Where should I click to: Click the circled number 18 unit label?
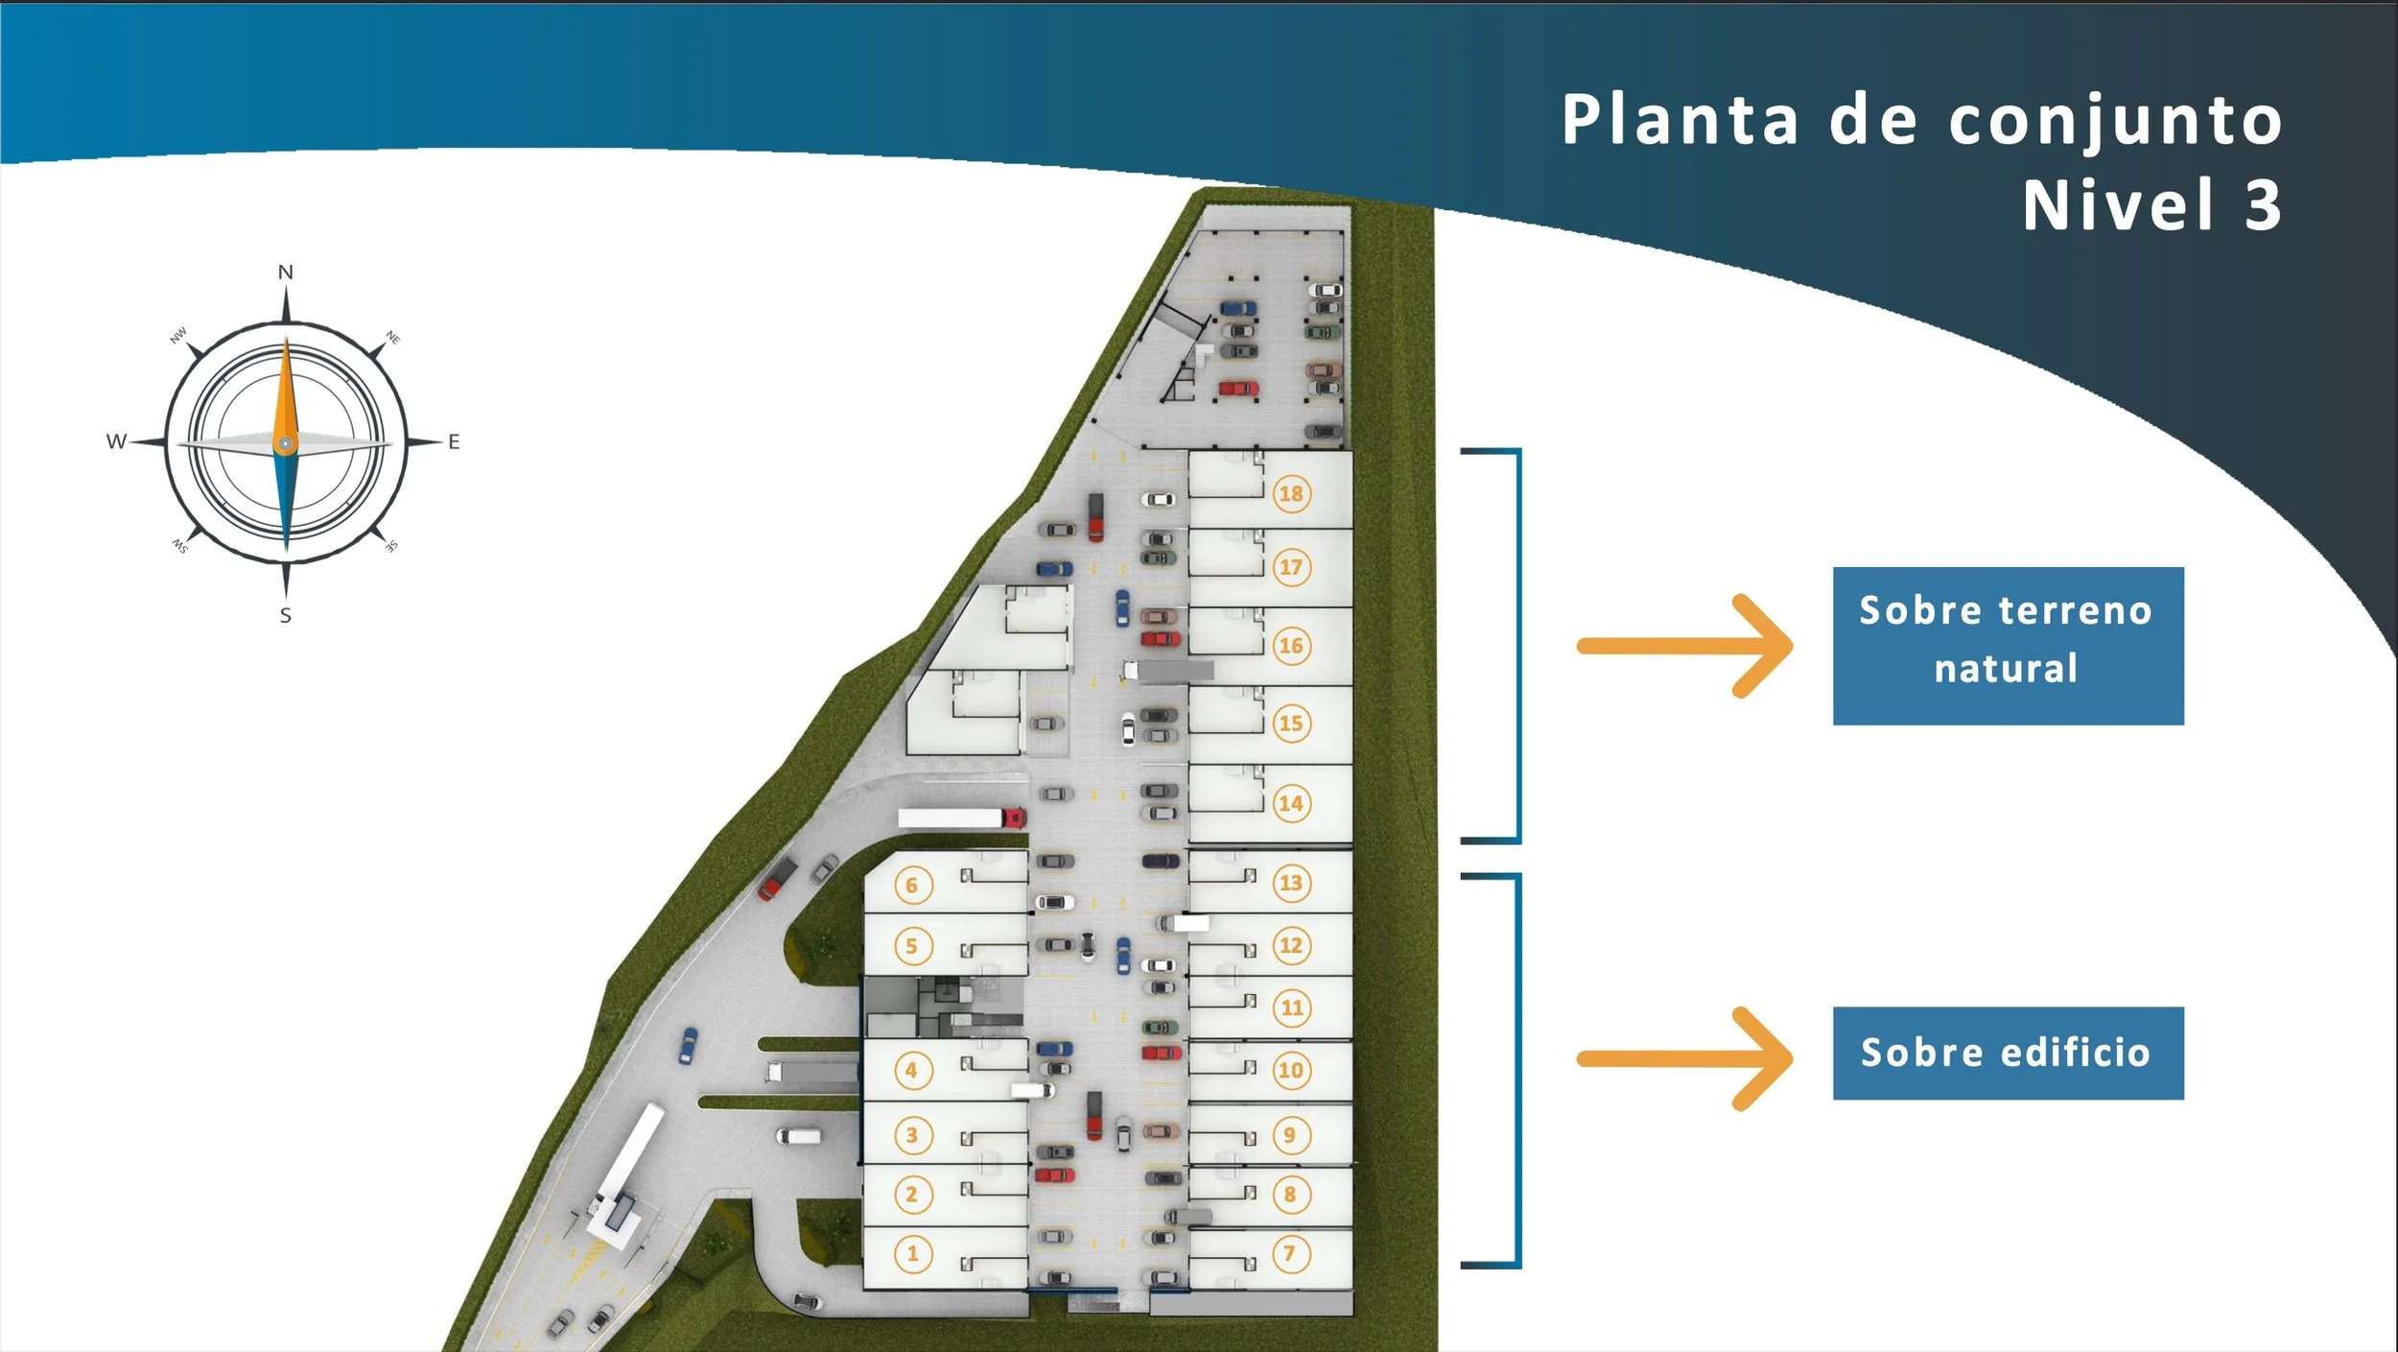(x=1291, y=493)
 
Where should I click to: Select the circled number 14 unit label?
(x=1291, y=803)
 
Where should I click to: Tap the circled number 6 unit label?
(x=912, y=885)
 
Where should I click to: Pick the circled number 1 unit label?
(x=912, y=1253)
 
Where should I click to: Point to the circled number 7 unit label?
(x=1290, y=1253)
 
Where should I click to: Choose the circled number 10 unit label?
(x=1291, y=1070)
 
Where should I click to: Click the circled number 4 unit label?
(x=911, y=1070)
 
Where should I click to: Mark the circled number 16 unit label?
(x=1291, y=646)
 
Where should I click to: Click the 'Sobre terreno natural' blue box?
(x=2008, y=646)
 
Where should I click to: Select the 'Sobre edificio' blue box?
(x=2008, y=1053)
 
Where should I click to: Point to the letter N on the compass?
(x=286, y=273)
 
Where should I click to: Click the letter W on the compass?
(x=116, y=441)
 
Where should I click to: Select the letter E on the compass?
(x=454, y=441)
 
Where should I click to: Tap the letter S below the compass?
(x=286, y=616)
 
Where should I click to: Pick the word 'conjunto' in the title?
(x=2115, y=121)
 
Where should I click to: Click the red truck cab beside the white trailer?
(x=1014, y=818)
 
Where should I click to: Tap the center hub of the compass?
(x=286, y=443)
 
